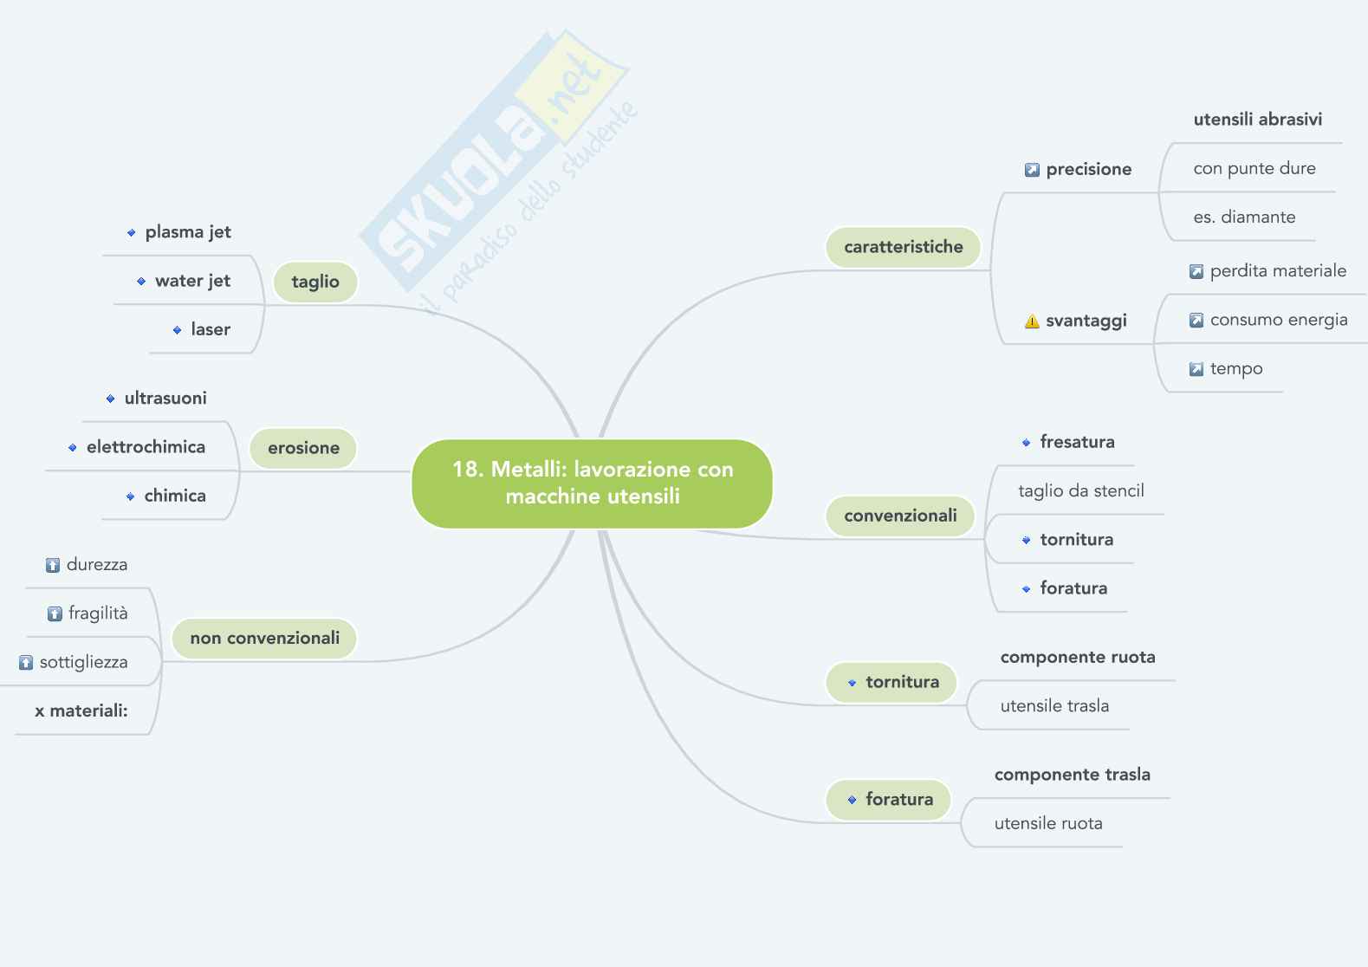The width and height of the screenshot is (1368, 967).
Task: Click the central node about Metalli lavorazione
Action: pyautogui.click(x=592, y=483)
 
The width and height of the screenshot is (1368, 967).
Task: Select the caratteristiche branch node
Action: pyautogui.click(x=903, y=247)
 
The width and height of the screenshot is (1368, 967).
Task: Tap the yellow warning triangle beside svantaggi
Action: pyautogui.click(x=1032, y=321)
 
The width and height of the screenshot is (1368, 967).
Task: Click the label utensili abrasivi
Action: pyautogui.click(x=1257, y=120)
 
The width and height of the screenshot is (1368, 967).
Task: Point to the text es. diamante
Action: pyautogui.click(x=1244, y=217)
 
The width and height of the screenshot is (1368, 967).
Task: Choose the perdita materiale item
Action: pyautogui.click(x=1278, y=271)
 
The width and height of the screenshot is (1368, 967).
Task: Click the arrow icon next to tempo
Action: pyautogui.click(x=1196, y=369)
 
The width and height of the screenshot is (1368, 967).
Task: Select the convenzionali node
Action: pyautogui.click(x=900, y=516)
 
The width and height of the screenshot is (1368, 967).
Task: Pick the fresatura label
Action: pyautogui.click(x=1077, y=442)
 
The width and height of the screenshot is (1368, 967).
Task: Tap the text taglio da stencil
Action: pyautogui.click(x=1080, y=491)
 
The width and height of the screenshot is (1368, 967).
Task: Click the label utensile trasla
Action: pyautogui.click(x=1054, y=706)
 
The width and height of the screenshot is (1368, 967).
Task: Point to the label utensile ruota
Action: pyautogui.click(x=1048, y=824)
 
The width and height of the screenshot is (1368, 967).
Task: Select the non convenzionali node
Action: pyautogui.click(x=264, y=639)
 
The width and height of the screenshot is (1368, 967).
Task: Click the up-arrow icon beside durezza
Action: pyautogui.click(x=53, y=566)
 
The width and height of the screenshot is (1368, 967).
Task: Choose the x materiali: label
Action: pyautogui.click(x=81, y=711)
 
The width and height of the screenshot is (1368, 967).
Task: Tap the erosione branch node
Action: pyautogui.click(x=303, y=448)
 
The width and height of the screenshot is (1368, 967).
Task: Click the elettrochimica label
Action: pyautogui.click(x=146, y=447)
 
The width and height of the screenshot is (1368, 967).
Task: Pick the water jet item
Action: pyautogui.click(x=192, y=281)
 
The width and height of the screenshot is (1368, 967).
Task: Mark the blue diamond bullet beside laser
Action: pyautogui.click(x=177, y=330)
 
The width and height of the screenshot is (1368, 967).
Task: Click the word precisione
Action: pyautogui.click(x=1088, y=170)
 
